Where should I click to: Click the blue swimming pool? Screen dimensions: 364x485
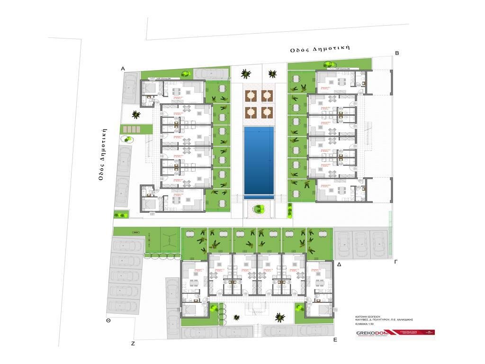pos(259,162)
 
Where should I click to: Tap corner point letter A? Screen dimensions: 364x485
pos(123,69)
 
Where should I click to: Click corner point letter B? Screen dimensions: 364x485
pos(397,53)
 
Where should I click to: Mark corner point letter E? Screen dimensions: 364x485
pos(335,340)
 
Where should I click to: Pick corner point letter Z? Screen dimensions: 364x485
pos(133,343)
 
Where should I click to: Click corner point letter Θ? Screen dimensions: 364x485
pos(108,321)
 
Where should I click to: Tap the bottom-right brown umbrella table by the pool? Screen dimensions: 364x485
pos(267,112)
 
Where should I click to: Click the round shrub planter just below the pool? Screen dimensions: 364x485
pos(259,209)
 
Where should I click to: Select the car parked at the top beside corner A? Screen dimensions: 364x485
pos(206,73)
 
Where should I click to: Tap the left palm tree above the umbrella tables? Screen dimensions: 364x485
pos(245,73)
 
